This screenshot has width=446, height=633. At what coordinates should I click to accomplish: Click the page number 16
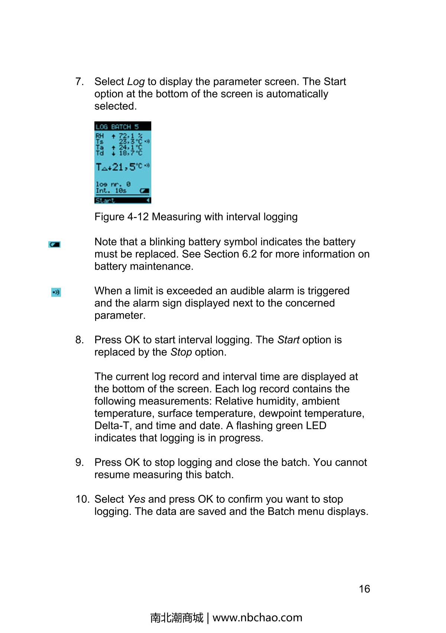point(364,589)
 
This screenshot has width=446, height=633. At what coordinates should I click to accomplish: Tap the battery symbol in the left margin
point(54,245)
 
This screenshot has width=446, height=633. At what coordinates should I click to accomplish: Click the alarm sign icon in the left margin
point(56,292)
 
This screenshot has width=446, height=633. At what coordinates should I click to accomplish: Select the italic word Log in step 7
point(136,82)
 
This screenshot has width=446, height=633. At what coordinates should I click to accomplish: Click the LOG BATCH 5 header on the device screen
point(117,127)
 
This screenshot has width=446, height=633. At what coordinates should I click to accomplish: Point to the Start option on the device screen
point(105,201)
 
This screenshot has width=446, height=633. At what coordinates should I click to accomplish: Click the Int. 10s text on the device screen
point(111,191)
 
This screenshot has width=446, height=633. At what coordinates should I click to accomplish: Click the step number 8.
point(79,340)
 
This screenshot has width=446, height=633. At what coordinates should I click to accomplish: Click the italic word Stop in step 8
point(181,352)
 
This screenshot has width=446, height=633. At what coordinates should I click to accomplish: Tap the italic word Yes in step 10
point(136,499)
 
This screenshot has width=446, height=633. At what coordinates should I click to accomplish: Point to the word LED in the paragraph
point(316,426)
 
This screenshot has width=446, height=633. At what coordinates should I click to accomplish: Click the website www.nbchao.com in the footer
point(257,618)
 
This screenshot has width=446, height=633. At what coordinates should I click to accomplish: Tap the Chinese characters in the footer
point(177,618)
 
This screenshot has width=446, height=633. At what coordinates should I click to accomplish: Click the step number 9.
point(79,462)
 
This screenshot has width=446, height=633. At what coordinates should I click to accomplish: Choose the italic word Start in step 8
point(288,340)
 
